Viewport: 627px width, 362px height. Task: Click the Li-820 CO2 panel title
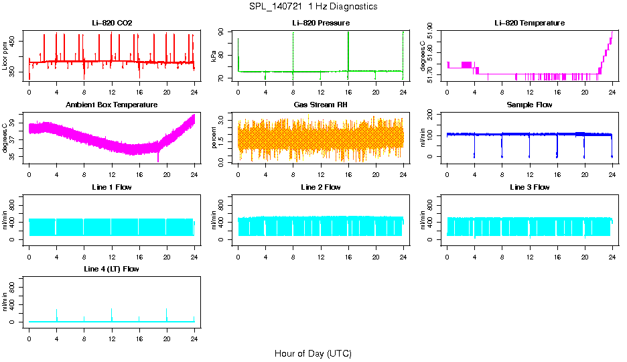pos(112,23)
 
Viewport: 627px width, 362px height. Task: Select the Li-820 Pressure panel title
pos(321,23)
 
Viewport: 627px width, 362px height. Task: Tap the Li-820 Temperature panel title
pos(529,23)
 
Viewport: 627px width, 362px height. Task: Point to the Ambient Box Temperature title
pos(112,105)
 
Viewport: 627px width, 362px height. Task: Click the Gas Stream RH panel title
pos(321,105)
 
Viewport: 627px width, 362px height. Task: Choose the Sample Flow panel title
pos(529,105)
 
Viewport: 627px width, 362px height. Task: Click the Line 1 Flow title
pos(112,187)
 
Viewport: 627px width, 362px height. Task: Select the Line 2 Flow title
pos(321,187)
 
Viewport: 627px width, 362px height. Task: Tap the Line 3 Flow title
pos(529,187)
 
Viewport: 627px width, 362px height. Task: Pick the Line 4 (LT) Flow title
pos(112,269)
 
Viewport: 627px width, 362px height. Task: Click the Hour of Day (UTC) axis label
pos(313,353)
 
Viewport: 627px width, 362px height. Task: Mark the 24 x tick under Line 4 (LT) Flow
pos(194,333)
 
